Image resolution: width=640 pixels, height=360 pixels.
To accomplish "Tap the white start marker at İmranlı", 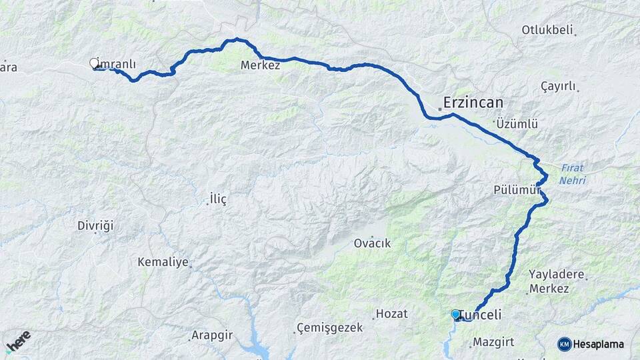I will click(x=94, y=63).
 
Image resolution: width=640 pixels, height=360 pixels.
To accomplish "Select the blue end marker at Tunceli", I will click(x=455, y=314).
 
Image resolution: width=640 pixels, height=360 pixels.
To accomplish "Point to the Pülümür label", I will click(x=516, y=189).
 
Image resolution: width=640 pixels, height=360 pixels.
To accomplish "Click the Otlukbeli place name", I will click(x=548, y=30).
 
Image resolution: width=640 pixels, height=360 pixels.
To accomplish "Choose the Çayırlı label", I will click(x=558, y=87).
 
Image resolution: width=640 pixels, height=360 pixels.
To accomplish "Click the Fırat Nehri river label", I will click(x=573, y=173).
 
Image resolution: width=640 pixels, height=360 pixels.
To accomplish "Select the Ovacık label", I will click(x=372, y=243).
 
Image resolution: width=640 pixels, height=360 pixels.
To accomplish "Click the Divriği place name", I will click(x=95, y=225).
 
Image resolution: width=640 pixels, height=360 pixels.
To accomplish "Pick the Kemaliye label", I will click(x=163, y=262).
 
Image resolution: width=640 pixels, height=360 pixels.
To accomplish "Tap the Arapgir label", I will click(x=211, y=335).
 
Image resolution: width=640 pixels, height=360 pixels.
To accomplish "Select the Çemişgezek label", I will click(x=330, y=328).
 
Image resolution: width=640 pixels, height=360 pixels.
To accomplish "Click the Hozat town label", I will click(x=391, y=313).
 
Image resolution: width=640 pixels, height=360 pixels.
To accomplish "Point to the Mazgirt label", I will click(x=493, y=342).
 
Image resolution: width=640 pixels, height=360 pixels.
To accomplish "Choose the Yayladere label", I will click(x=557, y=274).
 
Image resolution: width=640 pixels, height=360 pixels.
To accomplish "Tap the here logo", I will click(x=19, y=341).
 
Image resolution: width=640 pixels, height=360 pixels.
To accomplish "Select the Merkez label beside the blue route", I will click(x=260, y=66).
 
